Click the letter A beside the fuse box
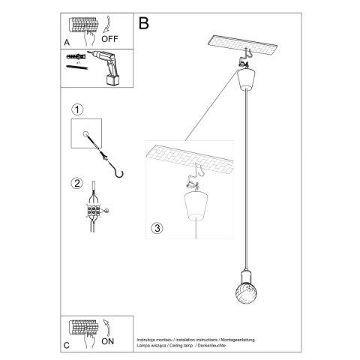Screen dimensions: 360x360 (66, 43)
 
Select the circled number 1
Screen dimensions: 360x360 (76, 109)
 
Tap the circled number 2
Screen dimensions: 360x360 (76, 182)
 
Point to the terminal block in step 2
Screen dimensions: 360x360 (94, 211)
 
